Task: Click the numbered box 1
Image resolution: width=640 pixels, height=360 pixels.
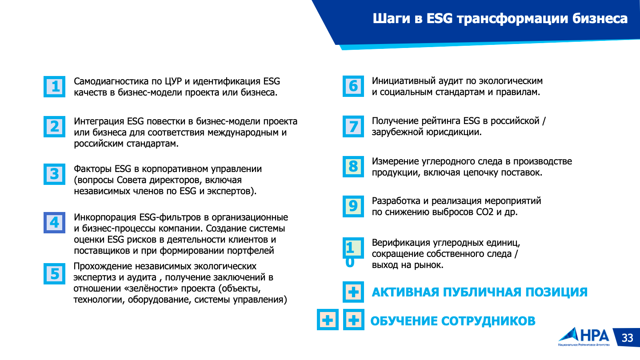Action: point(54,87)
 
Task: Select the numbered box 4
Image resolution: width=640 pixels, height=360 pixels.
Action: point(54,223)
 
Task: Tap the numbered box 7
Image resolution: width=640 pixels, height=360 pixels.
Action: point(353,126)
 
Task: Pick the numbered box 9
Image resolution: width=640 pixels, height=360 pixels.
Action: point(353,206)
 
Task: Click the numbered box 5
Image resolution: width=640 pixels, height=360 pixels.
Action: point(54,274)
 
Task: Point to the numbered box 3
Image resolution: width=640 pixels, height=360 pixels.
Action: point(54,174)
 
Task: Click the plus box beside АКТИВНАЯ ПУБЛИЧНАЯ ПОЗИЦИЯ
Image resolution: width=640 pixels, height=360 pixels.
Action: point(353,292)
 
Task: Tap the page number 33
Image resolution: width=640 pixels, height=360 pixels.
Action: point(628,338)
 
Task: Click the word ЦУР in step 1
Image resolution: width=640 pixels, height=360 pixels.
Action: point(173,81)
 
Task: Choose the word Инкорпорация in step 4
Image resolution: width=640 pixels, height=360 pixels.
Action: point(105,217)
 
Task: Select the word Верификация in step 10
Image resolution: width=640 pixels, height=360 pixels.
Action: point(401,243)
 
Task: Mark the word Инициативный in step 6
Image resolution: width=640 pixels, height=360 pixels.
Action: point(403,81)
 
